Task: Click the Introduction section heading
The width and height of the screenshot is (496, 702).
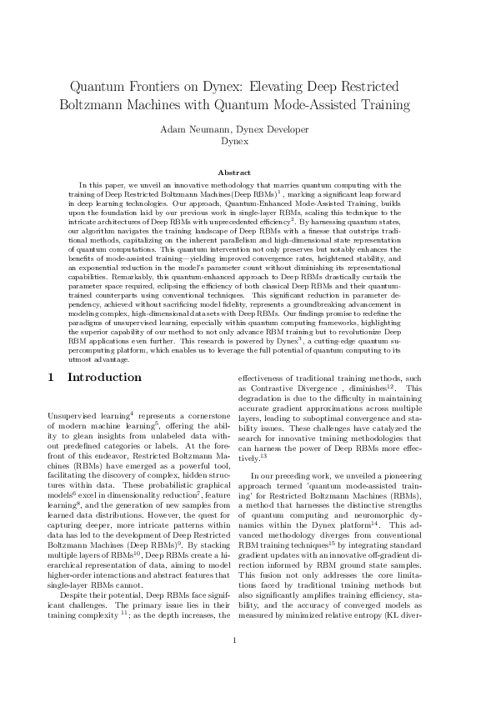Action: tap(104, 378)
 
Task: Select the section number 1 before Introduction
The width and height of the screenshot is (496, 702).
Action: tap(52, 378)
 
